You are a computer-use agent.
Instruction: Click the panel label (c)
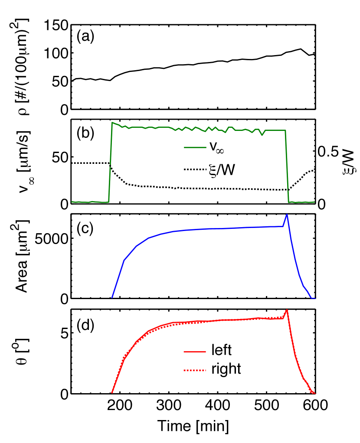[85, 229]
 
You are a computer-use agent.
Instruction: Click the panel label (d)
[85, 326]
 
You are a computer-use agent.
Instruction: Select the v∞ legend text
[217, 147]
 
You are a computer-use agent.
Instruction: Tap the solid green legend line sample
[194, 147]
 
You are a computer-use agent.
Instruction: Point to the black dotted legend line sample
[194, 169]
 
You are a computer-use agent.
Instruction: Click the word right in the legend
[226, 369]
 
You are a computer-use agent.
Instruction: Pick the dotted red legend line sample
[194, 370]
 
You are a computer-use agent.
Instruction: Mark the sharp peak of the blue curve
[287, 215]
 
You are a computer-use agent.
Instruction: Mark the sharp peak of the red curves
[287, 310]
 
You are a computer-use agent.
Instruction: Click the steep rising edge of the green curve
[110, 165]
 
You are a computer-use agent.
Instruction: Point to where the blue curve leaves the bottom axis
[112, 297]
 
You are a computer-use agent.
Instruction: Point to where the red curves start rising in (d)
[111, 393]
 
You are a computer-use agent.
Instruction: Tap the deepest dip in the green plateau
[262, 135]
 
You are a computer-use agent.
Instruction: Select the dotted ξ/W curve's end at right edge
[314, 170]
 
